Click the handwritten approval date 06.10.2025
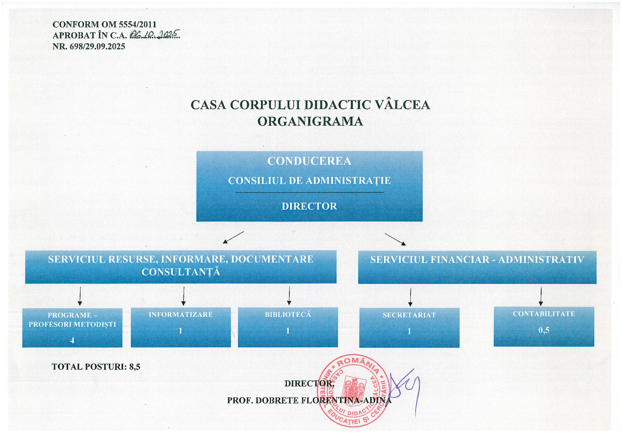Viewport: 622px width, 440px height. pos(155,34)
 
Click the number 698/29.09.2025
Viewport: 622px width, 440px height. pos(98,46)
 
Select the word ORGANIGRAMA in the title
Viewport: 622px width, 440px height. pos(310,121)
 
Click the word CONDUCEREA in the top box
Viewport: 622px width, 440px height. pos(309,161)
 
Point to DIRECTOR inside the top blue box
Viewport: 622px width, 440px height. pos(309,206)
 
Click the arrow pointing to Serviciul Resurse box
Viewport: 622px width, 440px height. pos(233,237)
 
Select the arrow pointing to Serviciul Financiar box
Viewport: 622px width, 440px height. pos(395,239)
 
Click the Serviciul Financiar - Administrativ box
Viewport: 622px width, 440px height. pos(477,267)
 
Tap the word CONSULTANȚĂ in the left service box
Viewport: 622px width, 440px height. pos(181,272)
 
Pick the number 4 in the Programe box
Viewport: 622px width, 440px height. pos(72,340)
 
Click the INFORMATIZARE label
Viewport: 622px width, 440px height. pos(181,315)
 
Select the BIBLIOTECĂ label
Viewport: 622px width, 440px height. pos(288,315)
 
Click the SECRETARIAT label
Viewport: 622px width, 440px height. pos(409,315)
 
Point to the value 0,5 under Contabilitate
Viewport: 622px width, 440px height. pos(544,330)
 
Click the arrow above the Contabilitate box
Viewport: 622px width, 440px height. pos(541,297)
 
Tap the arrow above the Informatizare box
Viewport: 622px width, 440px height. pos(183,296)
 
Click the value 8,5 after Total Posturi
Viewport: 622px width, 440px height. pos(135,367)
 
